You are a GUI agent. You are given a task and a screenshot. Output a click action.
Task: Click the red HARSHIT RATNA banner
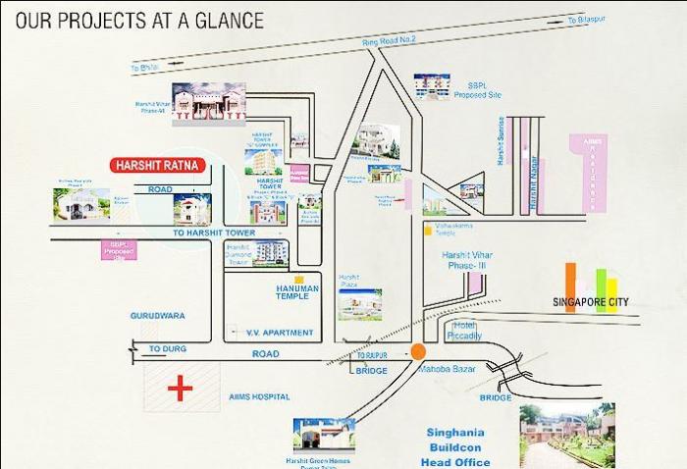coord(157,166)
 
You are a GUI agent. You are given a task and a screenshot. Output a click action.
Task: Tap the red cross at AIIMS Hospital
coord(180,389)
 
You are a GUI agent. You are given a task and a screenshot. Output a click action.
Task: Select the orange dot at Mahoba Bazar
coord(419,350)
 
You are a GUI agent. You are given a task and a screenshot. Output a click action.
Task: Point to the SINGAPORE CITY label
coord(591,302)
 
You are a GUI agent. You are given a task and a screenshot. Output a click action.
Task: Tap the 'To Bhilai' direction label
coord(144,67)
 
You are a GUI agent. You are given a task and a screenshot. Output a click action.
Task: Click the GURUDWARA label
coord(157,316)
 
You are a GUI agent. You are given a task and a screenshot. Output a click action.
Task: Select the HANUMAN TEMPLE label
coord(291,292)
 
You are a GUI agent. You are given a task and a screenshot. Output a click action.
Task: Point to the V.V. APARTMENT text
coord(280,333)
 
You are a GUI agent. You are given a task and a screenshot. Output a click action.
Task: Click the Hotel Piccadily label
coord(466,331)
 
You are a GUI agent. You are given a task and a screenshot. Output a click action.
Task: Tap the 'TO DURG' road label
coord(167,348)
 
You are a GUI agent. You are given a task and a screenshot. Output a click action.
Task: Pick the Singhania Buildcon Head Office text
coord(456,447)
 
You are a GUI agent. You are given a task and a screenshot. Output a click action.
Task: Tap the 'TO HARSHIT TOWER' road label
coord(214,233)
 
